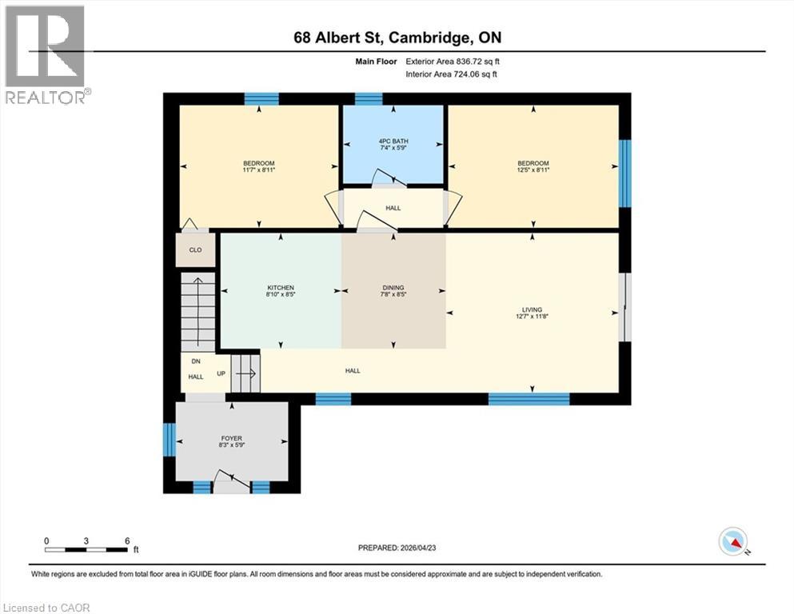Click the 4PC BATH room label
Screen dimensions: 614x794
[392, 142]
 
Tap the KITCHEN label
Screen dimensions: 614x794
[281, 288]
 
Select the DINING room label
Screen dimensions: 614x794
[393, 288]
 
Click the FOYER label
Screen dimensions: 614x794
[232, 438]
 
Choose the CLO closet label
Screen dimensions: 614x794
[195, 249]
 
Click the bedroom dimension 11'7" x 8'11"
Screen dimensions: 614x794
[259, 169]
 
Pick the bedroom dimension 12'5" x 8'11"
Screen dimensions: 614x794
[533, 169]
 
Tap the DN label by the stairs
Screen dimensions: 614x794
[196, 361]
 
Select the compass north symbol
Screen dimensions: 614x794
[732, 542]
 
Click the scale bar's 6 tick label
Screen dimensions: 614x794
[127, 540]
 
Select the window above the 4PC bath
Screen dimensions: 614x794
[369, 99]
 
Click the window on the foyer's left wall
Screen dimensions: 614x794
[169, 439]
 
